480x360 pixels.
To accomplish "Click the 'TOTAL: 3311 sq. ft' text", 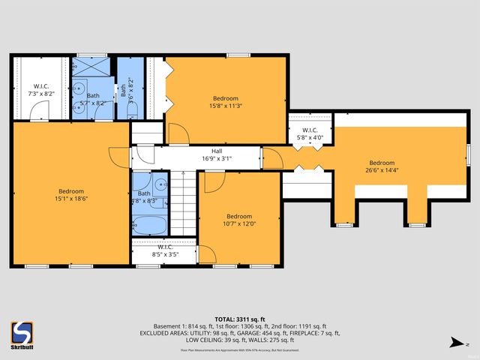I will (239, 318).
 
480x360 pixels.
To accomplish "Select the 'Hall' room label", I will (217, 151).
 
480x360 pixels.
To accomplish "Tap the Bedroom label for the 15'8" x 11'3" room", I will (225, 98).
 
